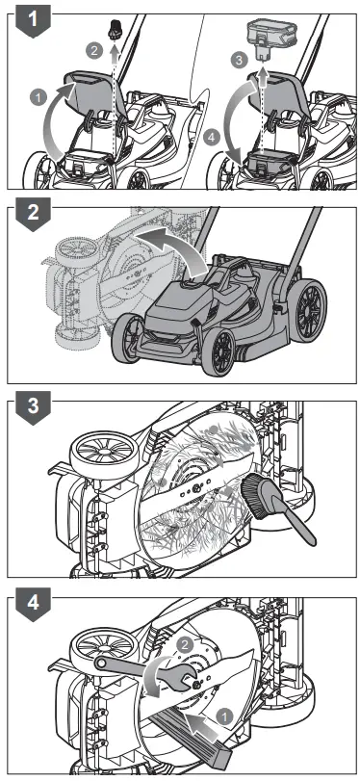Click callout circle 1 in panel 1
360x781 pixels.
click(38, 96)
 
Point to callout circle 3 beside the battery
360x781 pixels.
click(241, 60)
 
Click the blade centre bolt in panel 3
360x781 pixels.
click(196, 491)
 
